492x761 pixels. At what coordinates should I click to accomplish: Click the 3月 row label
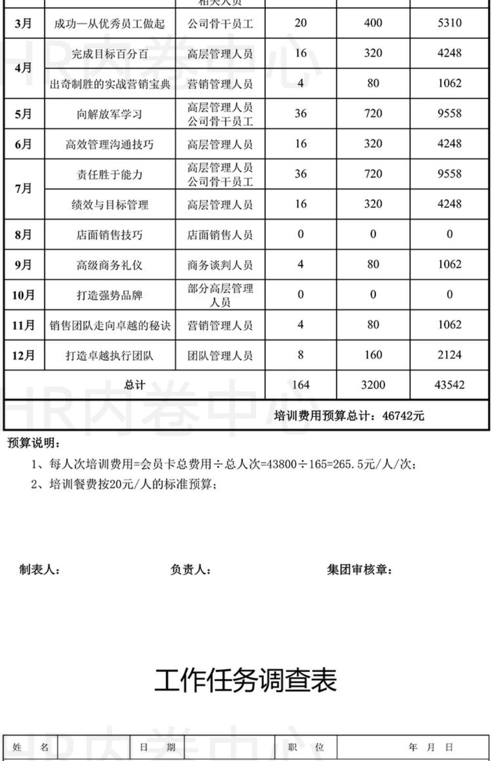tap(23, 24)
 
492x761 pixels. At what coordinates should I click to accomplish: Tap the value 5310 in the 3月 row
tap(449, 23)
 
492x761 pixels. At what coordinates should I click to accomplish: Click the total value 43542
tap(449, 384)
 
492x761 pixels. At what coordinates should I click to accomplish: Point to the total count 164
tap(300, 384)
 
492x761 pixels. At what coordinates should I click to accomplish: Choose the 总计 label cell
tap(134, 385)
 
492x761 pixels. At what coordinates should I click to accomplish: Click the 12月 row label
tap(23, 355)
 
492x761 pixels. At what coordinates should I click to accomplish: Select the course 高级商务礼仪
tap(110, 265)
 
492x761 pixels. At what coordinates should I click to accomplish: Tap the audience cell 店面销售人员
tap(220, 235)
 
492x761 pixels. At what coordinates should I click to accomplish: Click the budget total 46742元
tap(403, 416)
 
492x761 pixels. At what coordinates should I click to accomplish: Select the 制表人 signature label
tap(39, 570)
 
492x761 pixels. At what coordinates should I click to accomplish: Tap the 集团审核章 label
tap(359, 570)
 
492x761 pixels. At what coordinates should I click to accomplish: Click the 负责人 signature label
tap(190, 570)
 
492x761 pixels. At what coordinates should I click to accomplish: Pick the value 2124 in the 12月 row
tap(449, 355)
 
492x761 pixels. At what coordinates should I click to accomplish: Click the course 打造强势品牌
tap(110, 295)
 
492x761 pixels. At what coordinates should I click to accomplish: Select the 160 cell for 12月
tap(373, 355)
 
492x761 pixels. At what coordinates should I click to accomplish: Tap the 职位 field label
tap(306, 747)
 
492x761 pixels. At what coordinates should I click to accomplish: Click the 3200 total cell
tap(373, 384)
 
